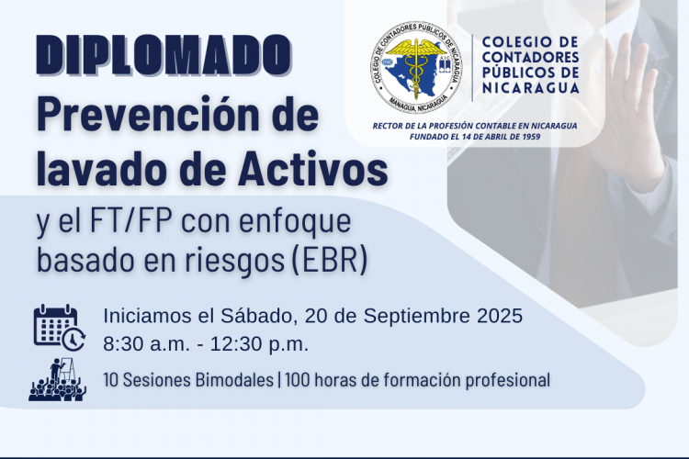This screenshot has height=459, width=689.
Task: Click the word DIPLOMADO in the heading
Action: (164, 54)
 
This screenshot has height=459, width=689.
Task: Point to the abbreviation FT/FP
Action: (130, 222)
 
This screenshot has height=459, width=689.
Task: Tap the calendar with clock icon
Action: (60, 328)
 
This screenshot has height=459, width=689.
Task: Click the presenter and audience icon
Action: (58, 380)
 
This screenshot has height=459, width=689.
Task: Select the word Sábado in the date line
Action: (256, 316)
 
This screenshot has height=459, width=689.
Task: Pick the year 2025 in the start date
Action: (498, 316)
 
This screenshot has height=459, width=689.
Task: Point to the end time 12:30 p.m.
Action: (259, 344)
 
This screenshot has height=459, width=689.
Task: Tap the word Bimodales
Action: (234, 380)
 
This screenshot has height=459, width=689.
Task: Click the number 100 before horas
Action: (297, 380)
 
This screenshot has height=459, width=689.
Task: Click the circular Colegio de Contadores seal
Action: (415, 68)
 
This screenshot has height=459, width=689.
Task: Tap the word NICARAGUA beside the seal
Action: (531, 88)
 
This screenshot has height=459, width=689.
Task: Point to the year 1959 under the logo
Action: (532, 137)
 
